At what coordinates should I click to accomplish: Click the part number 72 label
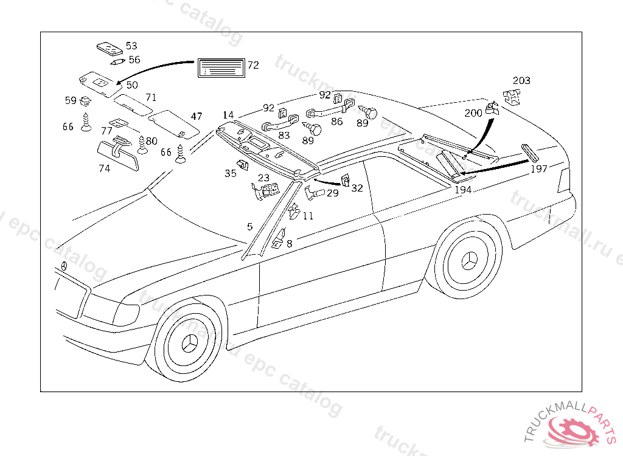tap(253, 65)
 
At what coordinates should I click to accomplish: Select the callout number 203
tap(521, 81)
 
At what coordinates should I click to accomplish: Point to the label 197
tap(539, 169)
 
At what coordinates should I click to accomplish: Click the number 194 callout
tap(463, 190)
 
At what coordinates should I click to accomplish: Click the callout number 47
tap(196, 116)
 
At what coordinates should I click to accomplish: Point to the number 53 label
tap(131, 46)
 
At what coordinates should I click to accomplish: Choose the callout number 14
tap(228, 115)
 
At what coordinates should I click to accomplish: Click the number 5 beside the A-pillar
tap(249, 227)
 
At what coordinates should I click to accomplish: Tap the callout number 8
tap(289, 244)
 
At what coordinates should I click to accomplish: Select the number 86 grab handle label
tap(336, 122)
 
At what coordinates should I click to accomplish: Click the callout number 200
tap(473, 113)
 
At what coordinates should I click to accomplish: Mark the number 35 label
tap(230, 173)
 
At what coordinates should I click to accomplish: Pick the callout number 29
tap(332, 193)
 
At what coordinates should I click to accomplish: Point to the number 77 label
tap(106, 131)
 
